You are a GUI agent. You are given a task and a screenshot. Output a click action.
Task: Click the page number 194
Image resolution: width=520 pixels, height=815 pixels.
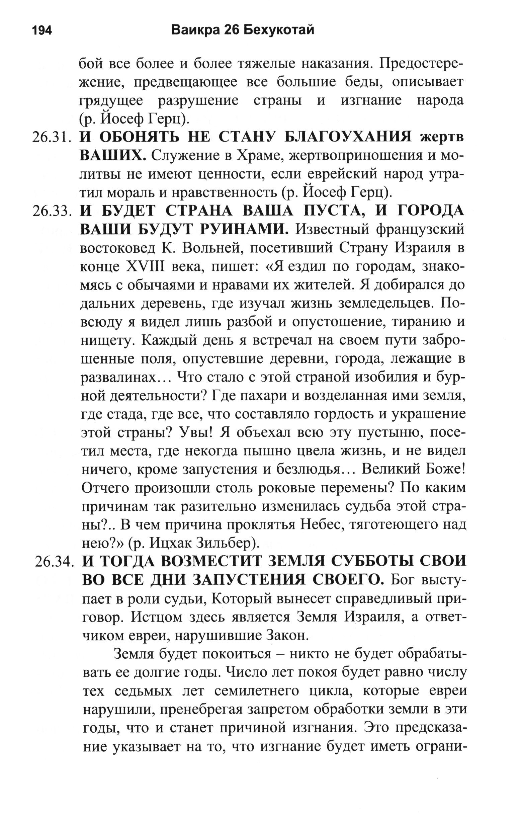tap(42, 31)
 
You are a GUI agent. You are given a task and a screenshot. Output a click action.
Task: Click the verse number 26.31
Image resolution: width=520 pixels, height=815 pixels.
tap(52, 138)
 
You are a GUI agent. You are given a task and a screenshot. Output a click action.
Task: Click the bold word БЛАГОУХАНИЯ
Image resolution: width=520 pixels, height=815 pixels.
tap(348, 137)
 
